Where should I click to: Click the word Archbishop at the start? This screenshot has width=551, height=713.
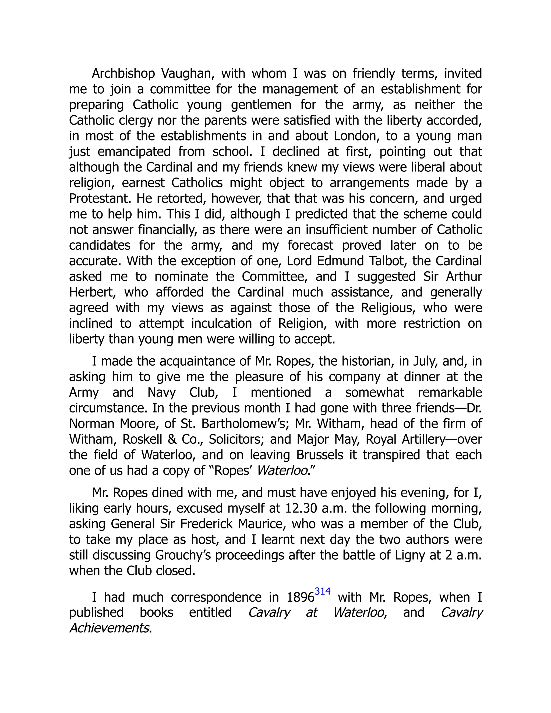(123, 74)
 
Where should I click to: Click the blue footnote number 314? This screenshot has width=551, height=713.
(323, 591)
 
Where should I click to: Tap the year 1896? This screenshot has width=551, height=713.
(300, 597)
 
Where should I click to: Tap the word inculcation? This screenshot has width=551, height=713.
(221, 323)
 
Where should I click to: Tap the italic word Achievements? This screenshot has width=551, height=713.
(109, 628)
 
